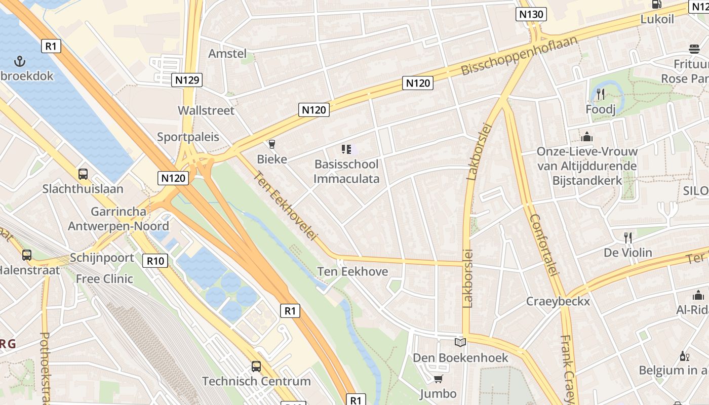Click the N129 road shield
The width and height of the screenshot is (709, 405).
pyautogui.click(x=187, y=79)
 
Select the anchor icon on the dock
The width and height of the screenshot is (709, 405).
pyautogui.click(x=20, y=62)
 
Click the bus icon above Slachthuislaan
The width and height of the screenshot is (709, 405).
pyautogui.click(x=83, y=174)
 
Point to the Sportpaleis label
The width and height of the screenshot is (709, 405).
pyautogui.click(x=188, y=137)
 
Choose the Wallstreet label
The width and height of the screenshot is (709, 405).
pyautogui.click(x=206, y=110)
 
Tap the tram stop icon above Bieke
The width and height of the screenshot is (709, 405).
pyautogui.click(x=272, y=145)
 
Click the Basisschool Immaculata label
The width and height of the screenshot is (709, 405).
pyautogui.click(x=346, y=171)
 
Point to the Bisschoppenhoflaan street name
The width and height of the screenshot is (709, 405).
pyautogui.click(x=519, y=55)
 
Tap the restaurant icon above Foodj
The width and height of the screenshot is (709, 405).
pyautogui.click(x=601, y=94)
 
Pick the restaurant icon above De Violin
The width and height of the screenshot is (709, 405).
pyautogui.click(x=628, y=237)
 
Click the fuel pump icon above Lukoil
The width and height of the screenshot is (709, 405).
pyautogui.click(x=657, y=4)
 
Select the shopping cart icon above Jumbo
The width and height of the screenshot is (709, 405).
pyautogui.click(x=439, y=379)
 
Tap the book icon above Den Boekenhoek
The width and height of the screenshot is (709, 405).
pyautogui.click(x=460, y=343)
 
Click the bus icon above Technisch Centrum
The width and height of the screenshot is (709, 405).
pyautogui.click(x=256, y=366)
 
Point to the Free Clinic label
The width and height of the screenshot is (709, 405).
pyautogui.click(x=104, y=278)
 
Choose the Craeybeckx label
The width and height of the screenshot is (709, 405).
pyautogui.click(x=558, y=301)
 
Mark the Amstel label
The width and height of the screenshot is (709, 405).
pyautogui.click(x=227, y=54)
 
